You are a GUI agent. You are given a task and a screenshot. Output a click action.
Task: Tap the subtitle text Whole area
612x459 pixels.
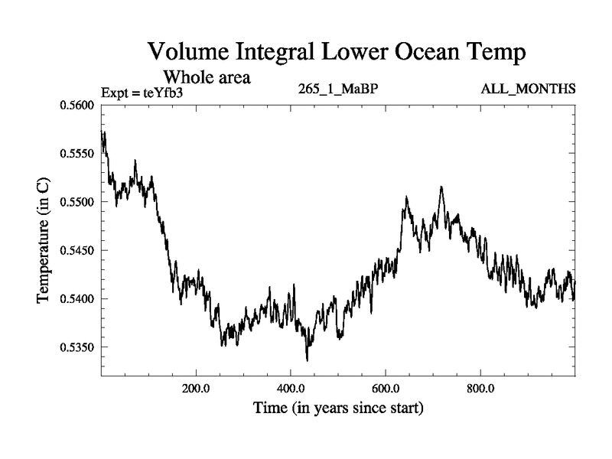point(207,77)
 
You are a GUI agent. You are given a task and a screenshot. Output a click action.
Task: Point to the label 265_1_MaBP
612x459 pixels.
point(337,89)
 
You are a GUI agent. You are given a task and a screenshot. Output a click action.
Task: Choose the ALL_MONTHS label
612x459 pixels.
point(528,89)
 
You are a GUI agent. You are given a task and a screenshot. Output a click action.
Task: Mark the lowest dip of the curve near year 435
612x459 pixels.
point(308,360)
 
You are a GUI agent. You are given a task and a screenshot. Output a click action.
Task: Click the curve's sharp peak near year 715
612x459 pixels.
point(441,187)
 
